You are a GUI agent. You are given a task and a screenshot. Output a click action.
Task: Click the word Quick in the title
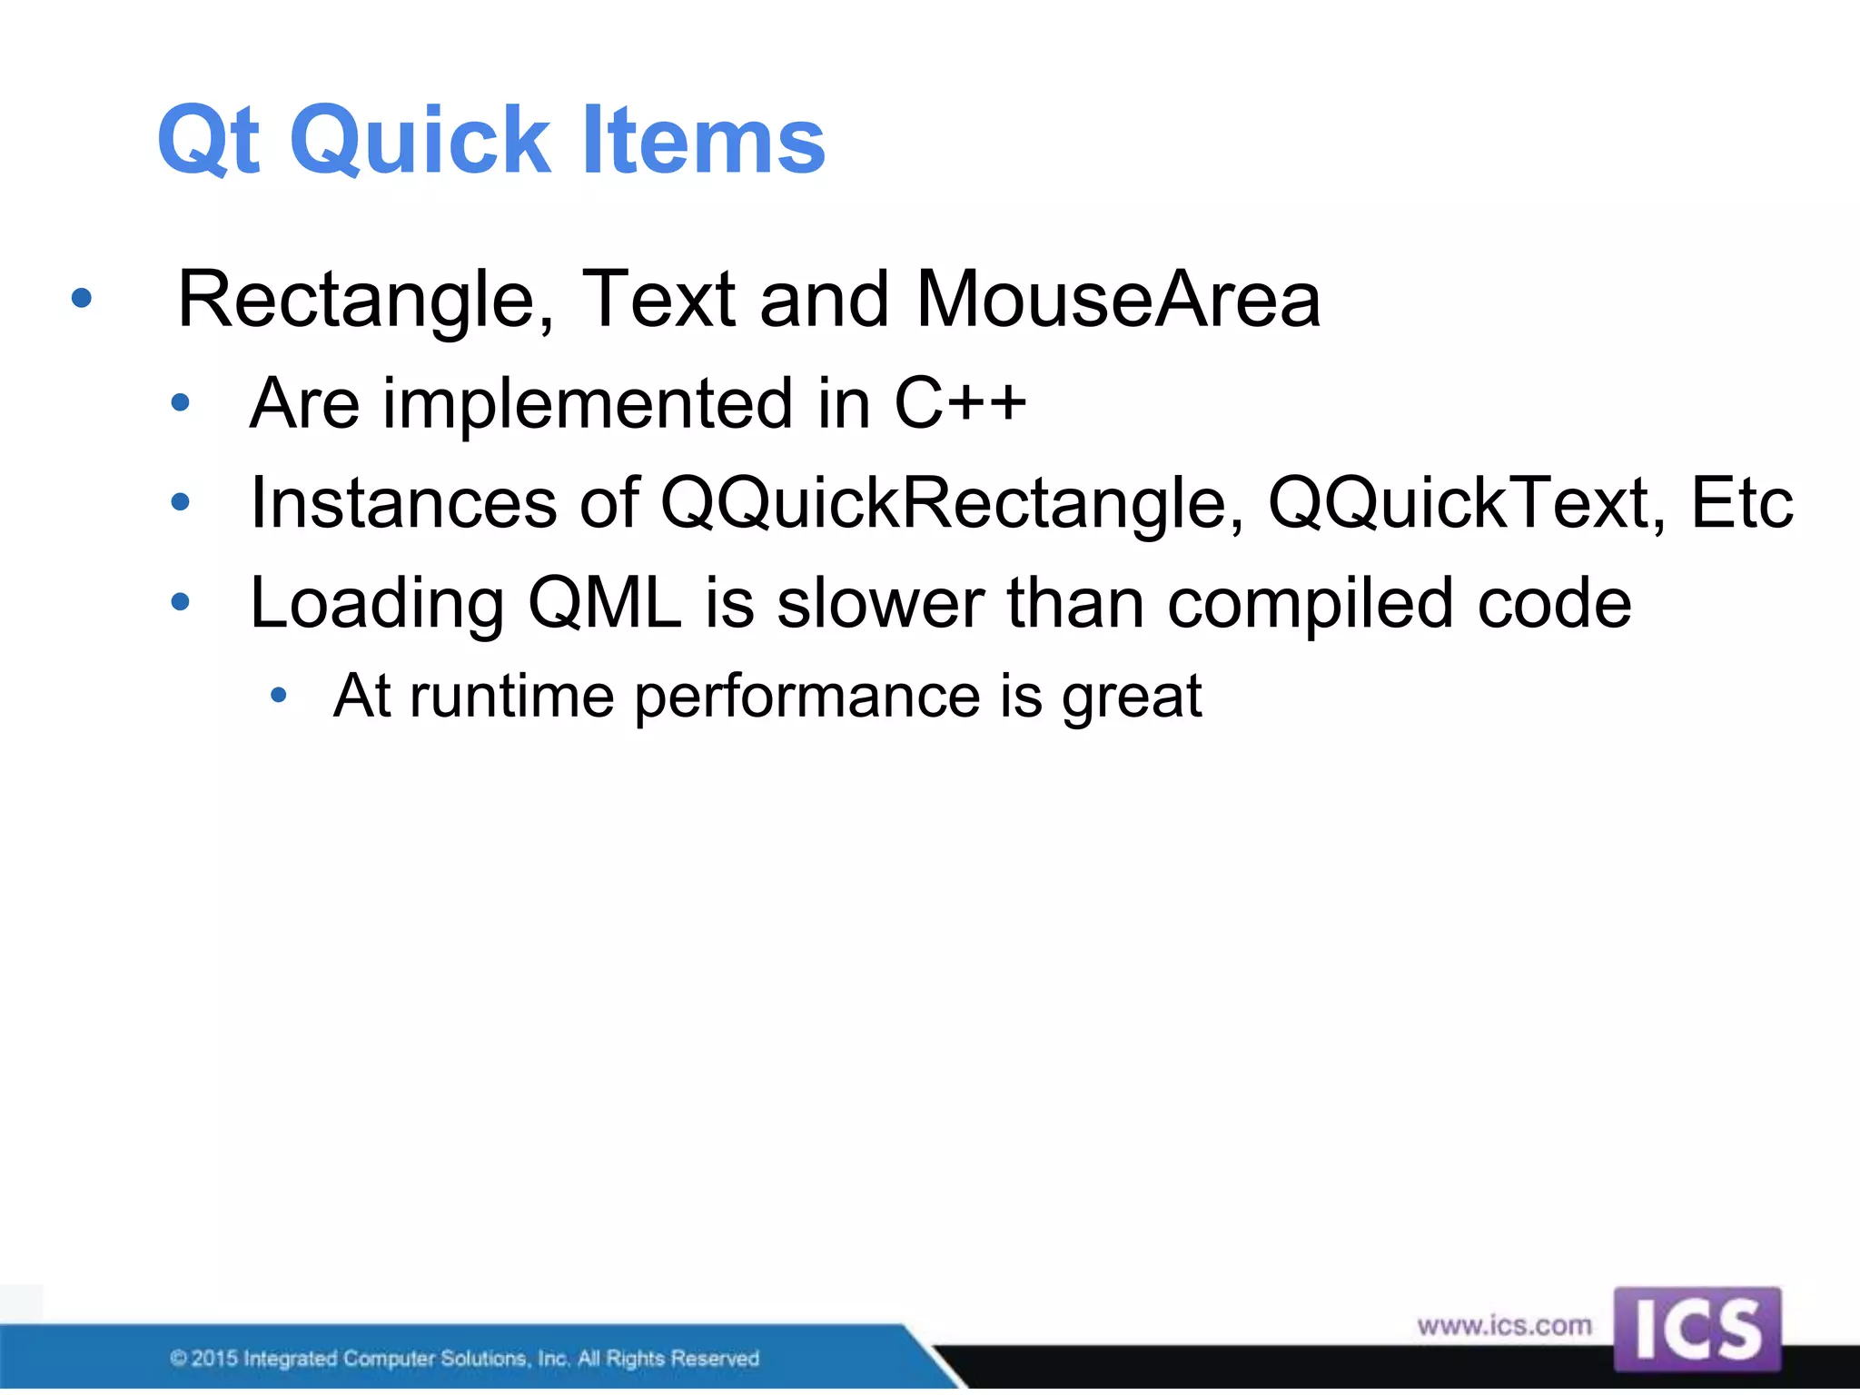420,141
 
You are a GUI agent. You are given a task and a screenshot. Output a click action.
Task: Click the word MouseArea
1118,301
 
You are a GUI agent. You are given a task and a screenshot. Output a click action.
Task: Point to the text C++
960,403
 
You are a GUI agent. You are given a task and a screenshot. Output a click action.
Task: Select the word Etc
1741,503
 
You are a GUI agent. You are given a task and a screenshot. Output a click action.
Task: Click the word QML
604,603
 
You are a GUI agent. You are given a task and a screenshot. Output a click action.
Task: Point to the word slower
880,603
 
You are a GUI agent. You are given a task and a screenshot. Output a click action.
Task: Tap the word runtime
512,697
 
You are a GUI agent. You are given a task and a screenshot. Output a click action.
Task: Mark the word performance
806,697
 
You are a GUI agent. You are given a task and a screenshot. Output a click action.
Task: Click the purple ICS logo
1697,1329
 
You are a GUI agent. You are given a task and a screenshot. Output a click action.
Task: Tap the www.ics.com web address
1504,1326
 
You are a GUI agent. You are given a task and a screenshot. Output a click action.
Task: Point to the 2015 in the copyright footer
214,1359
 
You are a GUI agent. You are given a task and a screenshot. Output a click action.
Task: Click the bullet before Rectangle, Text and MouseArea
82,298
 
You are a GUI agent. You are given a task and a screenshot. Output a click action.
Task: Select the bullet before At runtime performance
279,697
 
